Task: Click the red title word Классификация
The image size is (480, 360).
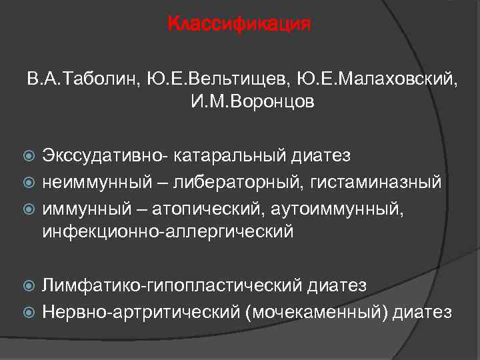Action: (x=239, y=25)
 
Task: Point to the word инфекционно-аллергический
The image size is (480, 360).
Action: (x=167, y=231)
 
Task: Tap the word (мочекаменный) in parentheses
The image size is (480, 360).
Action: (x=316, y=311)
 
